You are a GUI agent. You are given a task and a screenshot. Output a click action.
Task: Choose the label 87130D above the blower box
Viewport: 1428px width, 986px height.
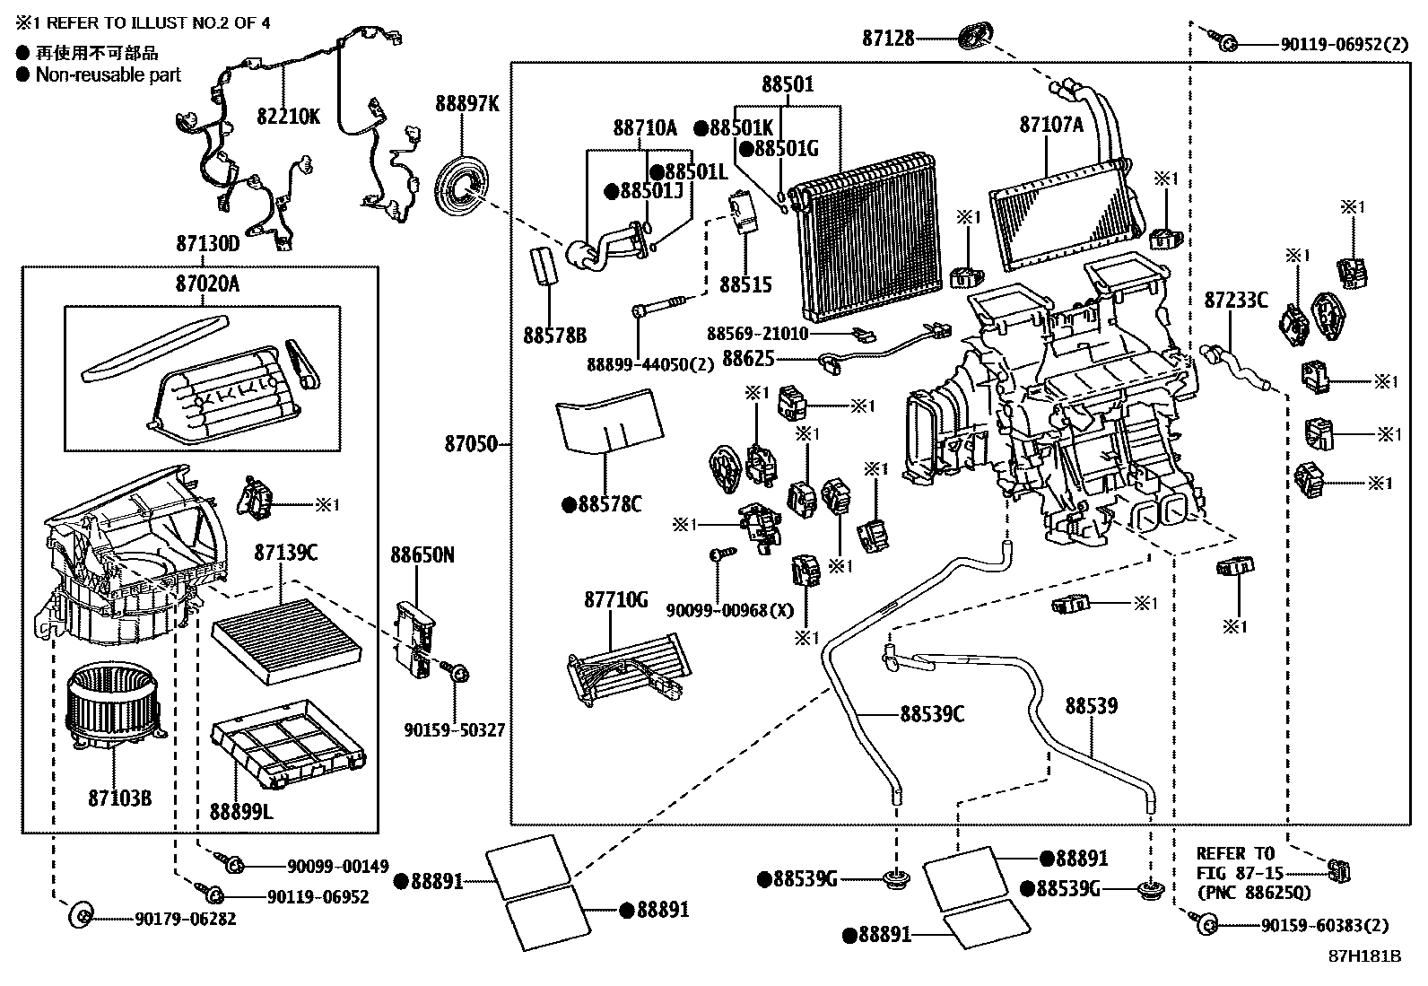[208, 244]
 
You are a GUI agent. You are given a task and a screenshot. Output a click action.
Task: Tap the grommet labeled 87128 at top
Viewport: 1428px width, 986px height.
[973, 38]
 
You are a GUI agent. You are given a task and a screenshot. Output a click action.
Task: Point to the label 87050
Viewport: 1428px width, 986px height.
[470, 443]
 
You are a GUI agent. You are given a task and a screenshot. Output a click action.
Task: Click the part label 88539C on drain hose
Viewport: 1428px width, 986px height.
[932, 714]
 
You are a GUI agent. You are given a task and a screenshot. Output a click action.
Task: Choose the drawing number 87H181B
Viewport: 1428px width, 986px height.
[1364, 955]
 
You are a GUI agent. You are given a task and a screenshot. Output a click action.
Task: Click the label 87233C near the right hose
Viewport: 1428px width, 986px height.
[1235, 301]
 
